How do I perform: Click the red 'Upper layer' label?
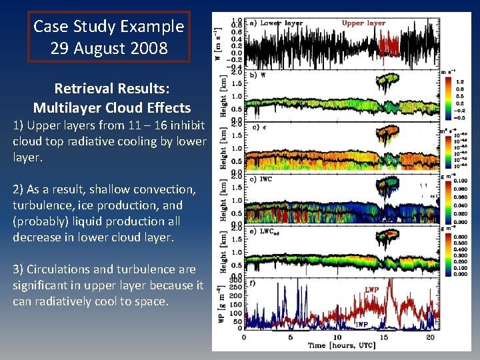[363, 23]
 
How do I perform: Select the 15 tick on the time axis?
[383, 337]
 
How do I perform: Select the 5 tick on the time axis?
[290, 337]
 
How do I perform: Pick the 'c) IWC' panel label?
[261, 179]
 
